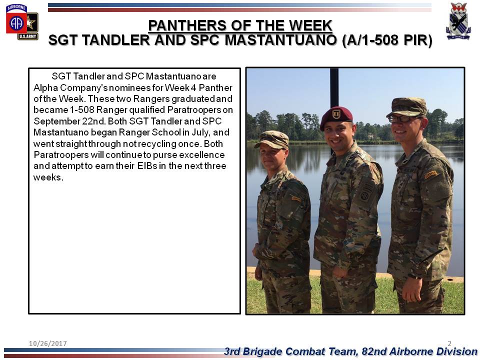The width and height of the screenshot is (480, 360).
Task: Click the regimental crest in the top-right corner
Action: coord(458,21)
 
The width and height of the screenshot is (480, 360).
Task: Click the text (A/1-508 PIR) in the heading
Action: coord(387,40)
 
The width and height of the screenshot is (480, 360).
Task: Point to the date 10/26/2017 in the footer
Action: coord(48,343)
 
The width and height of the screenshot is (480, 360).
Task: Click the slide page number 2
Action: coord(449,343)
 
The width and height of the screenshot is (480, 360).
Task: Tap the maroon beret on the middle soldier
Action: coord(336,116)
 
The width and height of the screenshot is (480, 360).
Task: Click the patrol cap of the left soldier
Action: coord(272,139)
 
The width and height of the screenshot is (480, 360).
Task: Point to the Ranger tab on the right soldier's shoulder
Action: coord(430,174)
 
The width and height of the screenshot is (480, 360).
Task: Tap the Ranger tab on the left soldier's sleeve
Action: coord(296,198)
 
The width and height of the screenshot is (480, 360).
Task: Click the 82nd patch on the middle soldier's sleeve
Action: coord(364,196)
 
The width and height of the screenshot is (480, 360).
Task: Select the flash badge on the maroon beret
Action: coord(336,114)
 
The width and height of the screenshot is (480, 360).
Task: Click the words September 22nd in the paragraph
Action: coord(69,121)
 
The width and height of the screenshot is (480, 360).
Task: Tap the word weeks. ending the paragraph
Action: coord(48,177)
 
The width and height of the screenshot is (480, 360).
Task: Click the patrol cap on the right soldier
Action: coord(407,107)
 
